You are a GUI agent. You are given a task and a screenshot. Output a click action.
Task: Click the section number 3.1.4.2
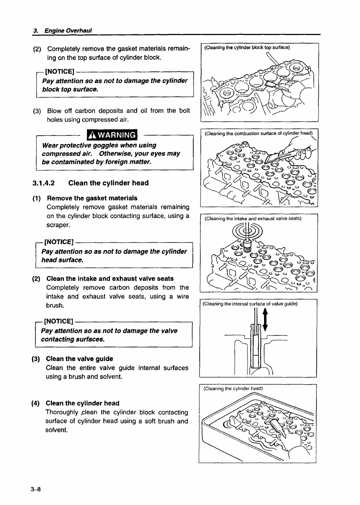pos(44,183)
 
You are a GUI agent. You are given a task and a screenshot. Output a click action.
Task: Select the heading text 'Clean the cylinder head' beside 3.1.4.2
pos(108,183)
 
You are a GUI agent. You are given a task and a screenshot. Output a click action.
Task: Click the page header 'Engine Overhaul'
pos(68,31)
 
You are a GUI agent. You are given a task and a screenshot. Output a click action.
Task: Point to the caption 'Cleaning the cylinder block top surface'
pos(247,47)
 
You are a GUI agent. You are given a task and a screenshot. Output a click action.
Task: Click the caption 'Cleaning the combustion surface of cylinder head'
pos(258,133)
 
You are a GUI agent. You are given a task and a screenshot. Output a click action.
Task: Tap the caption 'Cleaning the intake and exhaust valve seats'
pos(253,218)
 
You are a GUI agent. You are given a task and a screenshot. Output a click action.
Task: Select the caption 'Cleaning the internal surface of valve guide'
pos(250,304)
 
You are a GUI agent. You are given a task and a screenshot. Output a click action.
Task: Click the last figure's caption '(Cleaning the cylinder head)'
pos(233,388)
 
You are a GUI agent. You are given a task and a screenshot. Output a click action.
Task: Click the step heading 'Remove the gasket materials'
pos(92,198)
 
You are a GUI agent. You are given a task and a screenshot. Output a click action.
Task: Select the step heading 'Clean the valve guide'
pos(79,359)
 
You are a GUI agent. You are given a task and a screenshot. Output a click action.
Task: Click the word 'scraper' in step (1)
pos(58,225)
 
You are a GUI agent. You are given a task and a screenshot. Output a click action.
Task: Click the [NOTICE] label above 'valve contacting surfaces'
pos(59,321)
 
